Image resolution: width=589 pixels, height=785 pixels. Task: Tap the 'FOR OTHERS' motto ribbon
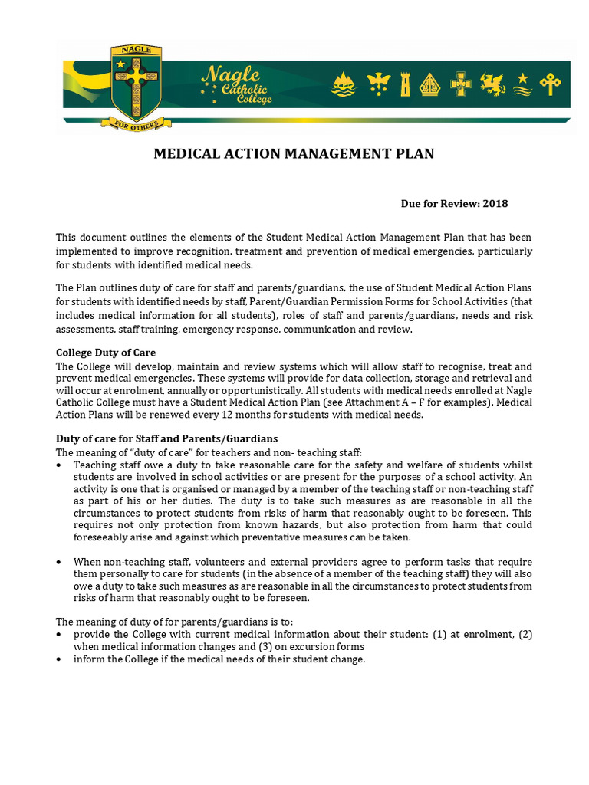(136, 123)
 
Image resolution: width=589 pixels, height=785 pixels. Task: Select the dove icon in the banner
(377, 84)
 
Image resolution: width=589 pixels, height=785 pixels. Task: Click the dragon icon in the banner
(492, 84)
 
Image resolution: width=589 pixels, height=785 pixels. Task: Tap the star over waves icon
(522, 84)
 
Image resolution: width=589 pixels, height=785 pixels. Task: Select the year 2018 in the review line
(495, 204)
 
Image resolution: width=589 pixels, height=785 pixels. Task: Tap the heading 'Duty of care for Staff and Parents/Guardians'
(166, 438)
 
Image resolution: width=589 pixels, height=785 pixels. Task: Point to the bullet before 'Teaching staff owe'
(60, 465)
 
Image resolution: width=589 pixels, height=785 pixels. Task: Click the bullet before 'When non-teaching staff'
(60, 563)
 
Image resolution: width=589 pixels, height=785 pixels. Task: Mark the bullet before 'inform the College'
(60, 659)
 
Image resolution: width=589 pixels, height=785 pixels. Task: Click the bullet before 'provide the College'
(60, 635)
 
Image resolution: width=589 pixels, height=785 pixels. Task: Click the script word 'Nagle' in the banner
(229, 75)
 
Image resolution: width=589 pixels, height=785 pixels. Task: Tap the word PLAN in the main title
(416, 154)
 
